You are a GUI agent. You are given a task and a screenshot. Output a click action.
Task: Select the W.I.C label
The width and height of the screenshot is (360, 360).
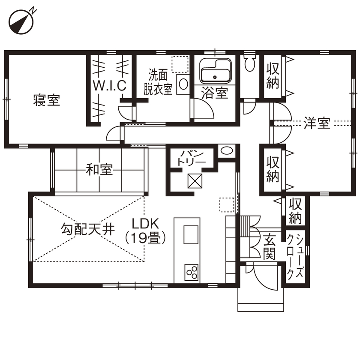110,85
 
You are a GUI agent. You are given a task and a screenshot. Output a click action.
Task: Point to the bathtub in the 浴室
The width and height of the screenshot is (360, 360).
215,72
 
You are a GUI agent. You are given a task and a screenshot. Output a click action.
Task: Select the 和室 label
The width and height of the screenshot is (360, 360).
99,170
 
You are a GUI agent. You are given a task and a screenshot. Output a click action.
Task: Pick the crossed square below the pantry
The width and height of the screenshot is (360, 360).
195,181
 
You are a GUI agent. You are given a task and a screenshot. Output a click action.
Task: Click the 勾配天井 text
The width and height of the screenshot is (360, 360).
87,230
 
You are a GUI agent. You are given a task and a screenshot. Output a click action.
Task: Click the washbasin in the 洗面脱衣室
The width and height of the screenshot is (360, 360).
183,84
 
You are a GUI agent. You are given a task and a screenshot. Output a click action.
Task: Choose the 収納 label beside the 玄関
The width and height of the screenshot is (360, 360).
295,210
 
